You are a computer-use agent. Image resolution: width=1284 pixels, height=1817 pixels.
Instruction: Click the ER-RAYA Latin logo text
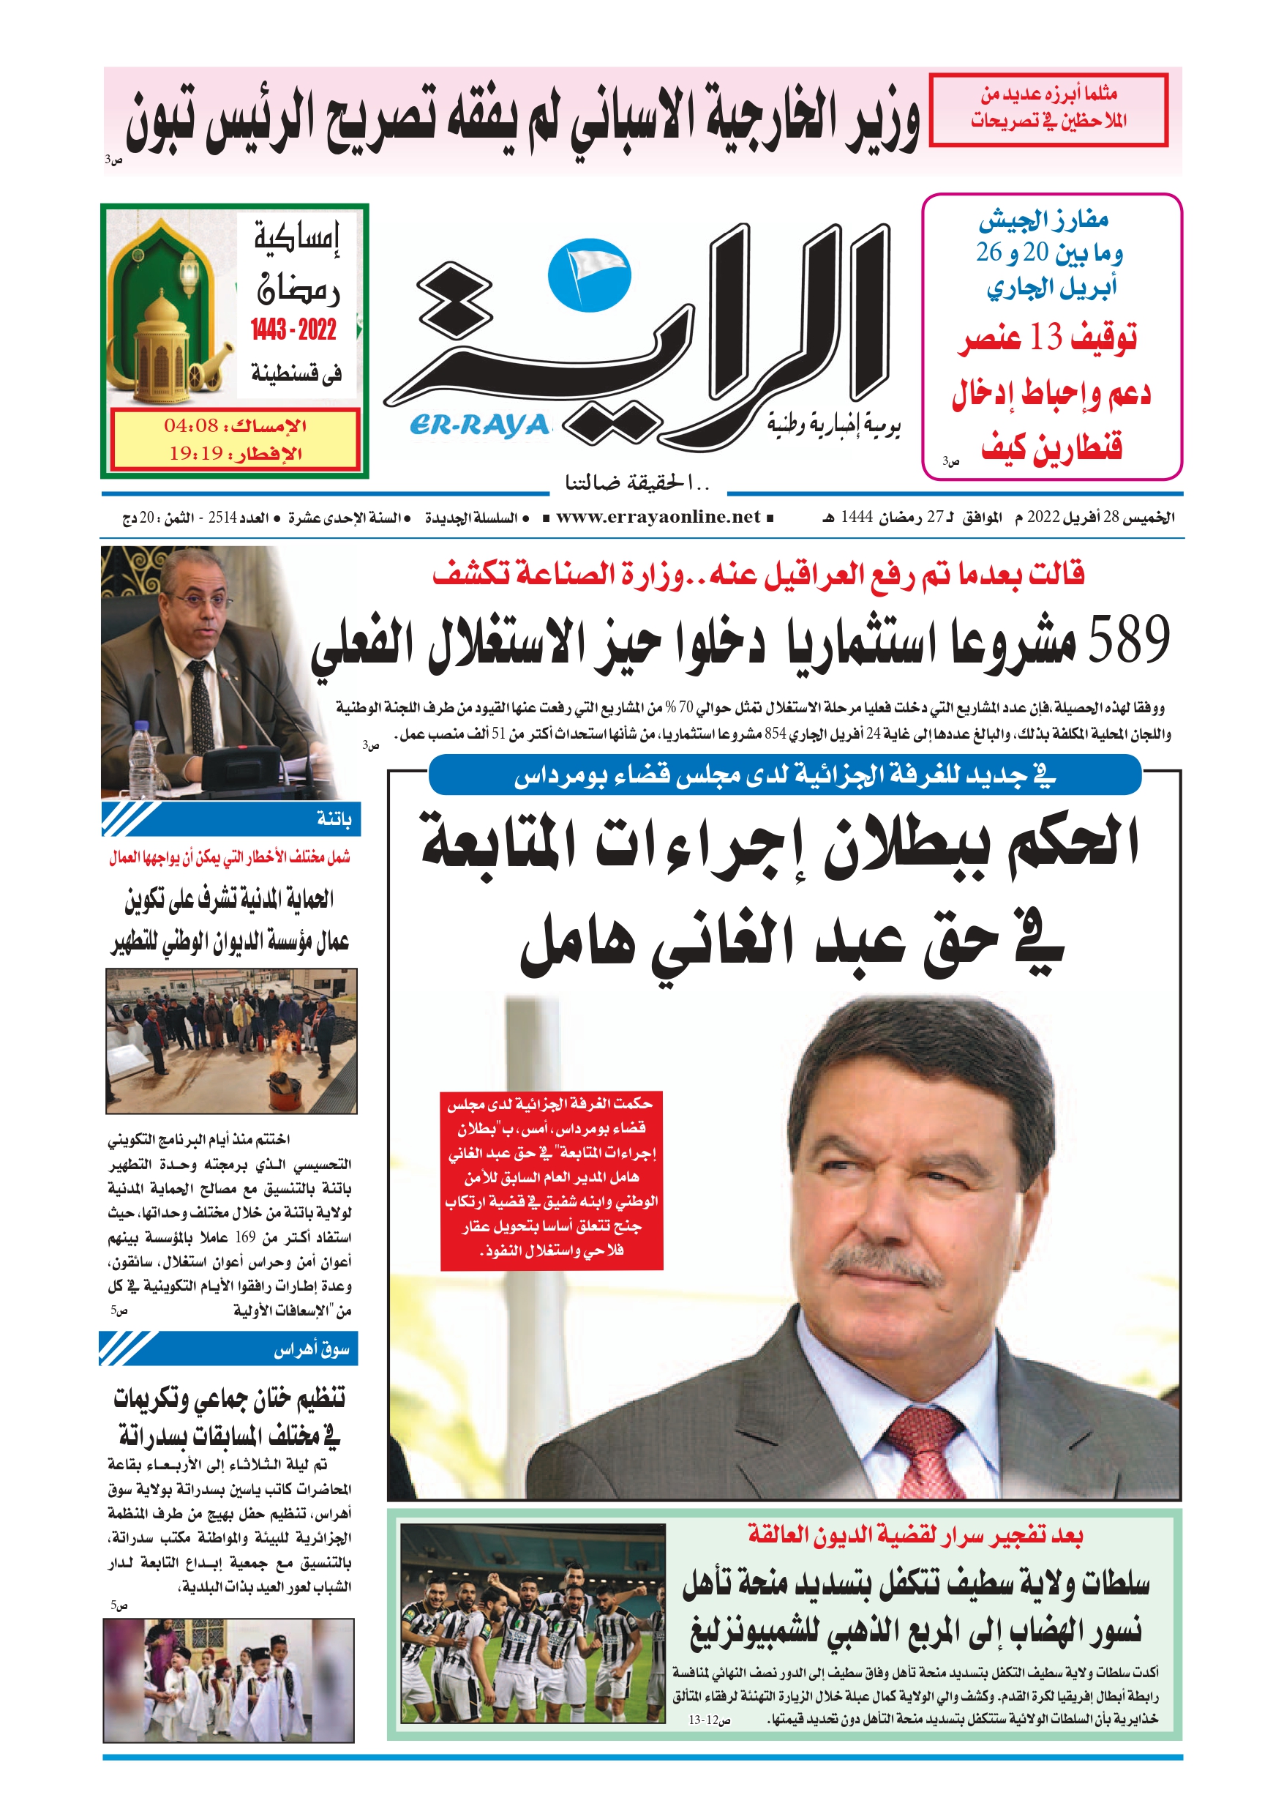coord(479,426)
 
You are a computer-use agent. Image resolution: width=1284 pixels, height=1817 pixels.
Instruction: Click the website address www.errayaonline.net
coord(658,517)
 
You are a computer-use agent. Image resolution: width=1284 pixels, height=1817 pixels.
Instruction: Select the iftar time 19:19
coord(195,453)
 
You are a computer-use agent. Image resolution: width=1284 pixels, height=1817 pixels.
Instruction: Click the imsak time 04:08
coord(191,426)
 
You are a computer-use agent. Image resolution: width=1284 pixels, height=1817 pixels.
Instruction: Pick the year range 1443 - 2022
coord(293,329)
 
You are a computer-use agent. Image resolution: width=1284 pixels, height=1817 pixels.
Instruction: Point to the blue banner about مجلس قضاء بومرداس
coord(784,775)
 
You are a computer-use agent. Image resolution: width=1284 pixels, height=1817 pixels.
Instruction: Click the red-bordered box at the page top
coord(1048,109)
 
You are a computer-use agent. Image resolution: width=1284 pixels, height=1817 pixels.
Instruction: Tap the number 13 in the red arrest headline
coord(1045,338)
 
